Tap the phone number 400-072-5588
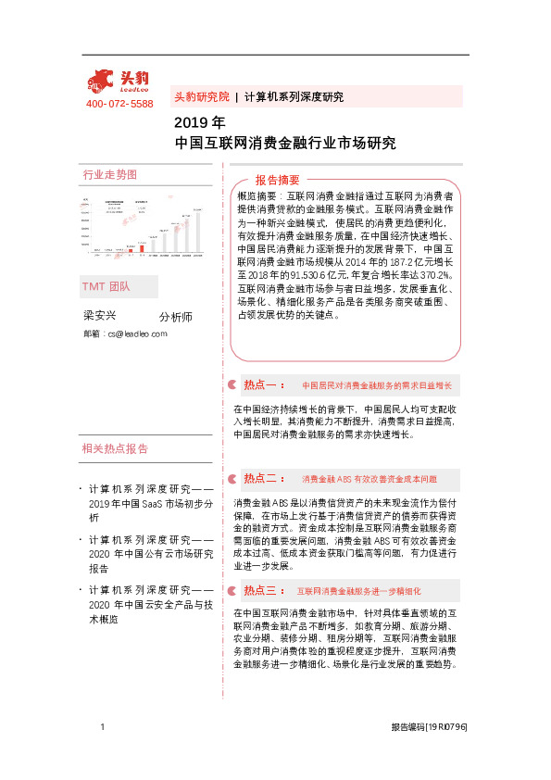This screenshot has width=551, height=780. click(x=119, y=105)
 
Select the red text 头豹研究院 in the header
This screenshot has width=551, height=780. click(x=201, y=96)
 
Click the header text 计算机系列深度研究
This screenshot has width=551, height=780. click(x=294, y=96)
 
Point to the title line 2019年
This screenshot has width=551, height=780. click(x=199, y=122)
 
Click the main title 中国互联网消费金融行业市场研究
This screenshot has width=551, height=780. click(x=285, y=144)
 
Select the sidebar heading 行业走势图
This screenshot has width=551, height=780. click(x=110, y=174)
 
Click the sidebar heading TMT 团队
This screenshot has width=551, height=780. click(x=106, y=287)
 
